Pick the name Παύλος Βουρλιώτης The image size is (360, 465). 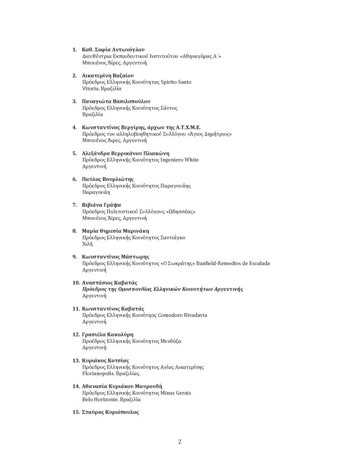tap(108, 179)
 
